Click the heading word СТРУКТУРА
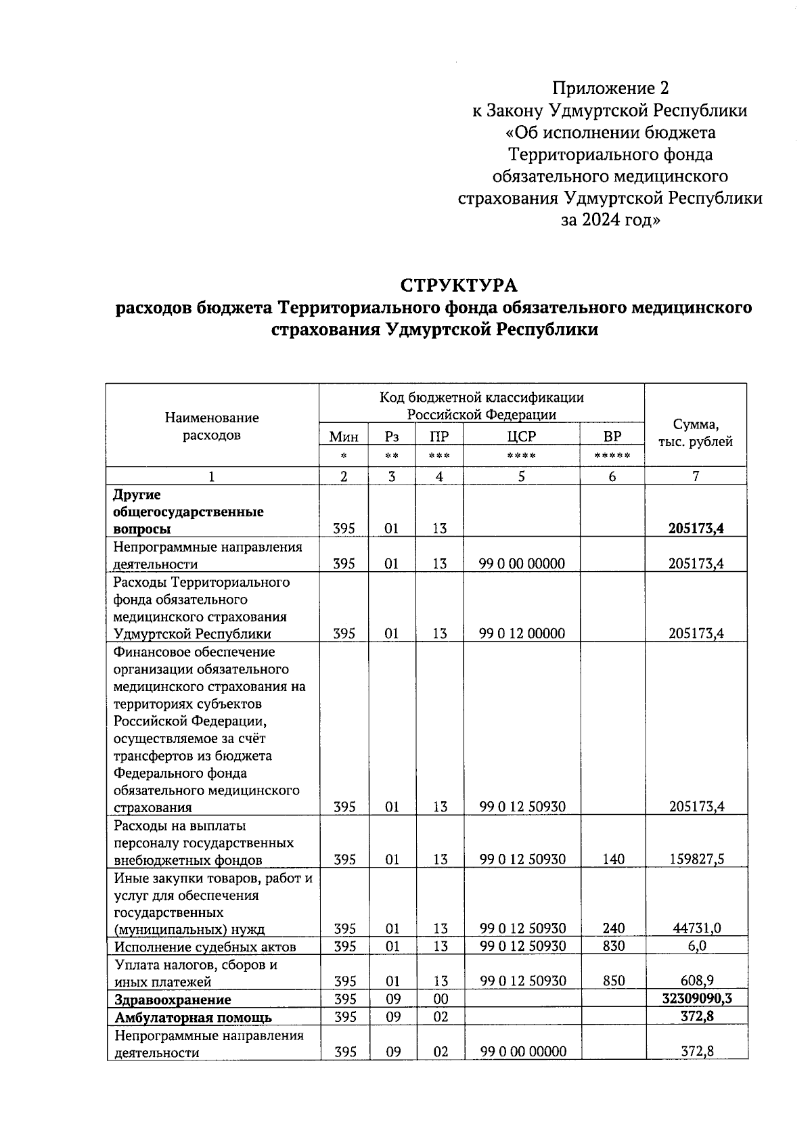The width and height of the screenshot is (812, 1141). (458, 284)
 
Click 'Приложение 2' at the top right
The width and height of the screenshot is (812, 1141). (610, 89)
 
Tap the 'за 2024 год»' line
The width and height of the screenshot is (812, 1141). (610, 220)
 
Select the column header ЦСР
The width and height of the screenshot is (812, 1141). (521, 437)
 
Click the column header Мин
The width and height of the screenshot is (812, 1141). (344, 437)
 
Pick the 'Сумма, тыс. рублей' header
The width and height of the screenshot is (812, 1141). (695, 433)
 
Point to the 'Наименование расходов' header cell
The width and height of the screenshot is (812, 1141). (212, 426)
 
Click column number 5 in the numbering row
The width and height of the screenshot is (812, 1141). (521, 476)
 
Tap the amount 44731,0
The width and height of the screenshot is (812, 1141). (697, 929)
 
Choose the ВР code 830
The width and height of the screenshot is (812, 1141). (613, 946)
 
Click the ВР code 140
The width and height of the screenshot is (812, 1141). (613, 859)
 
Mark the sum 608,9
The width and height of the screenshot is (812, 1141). (697, 981)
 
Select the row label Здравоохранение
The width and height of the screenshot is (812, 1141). (173, 1000)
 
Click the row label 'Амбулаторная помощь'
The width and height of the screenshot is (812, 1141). (193, 1017)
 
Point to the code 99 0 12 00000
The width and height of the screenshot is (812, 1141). (522, 634)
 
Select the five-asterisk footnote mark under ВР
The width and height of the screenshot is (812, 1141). (612, 456)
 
